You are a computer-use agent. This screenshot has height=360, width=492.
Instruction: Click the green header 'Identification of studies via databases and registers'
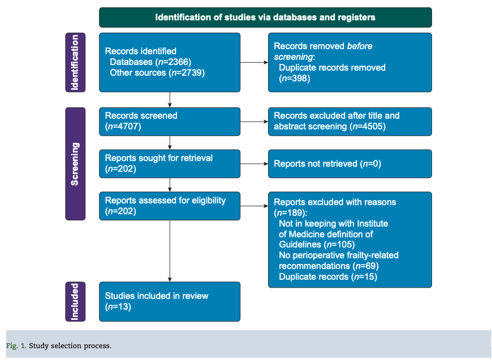tap(265, 17)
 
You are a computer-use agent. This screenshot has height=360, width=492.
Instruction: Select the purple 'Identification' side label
tap(75, 62)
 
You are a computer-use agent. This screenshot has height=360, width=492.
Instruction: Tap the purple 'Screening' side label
tap(75, 164)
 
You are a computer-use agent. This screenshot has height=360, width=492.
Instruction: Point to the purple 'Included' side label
tap(75, 302)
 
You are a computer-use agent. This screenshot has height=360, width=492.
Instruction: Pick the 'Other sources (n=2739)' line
tap(157, 72)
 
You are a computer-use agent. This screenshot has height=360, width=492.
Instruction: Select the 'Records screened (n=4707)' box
tap(169, 121)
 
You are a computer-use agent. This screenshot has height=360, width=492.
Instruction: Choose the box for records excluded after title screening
tap(349, 121)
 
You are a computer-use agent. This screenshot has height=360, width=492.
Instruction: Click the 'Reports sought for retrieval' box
tap(169, 163)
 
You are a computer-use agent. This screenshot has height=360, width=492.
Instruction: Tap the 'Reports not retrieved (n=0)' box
tap(349, 164)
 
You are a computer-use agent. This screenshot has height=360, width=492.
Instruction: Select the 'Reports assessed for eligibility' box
tap(169, 206)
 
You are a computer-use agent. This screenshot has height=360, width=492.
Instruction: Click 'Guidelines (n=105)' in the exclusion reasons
tap(317, 244)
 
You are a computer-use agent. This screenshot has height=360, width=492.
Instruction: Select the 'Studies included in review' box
tap(169, 302)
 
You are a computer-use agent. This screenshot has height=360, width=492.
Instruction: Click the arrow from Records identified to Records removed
tap(254, 62)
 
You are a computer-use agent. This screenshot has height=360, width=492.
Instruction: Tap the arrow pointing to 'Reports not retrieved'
tap(254, 164)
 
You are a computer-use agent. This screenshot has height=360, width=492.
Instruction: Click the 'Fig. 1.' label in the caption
tap(16, 346)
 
